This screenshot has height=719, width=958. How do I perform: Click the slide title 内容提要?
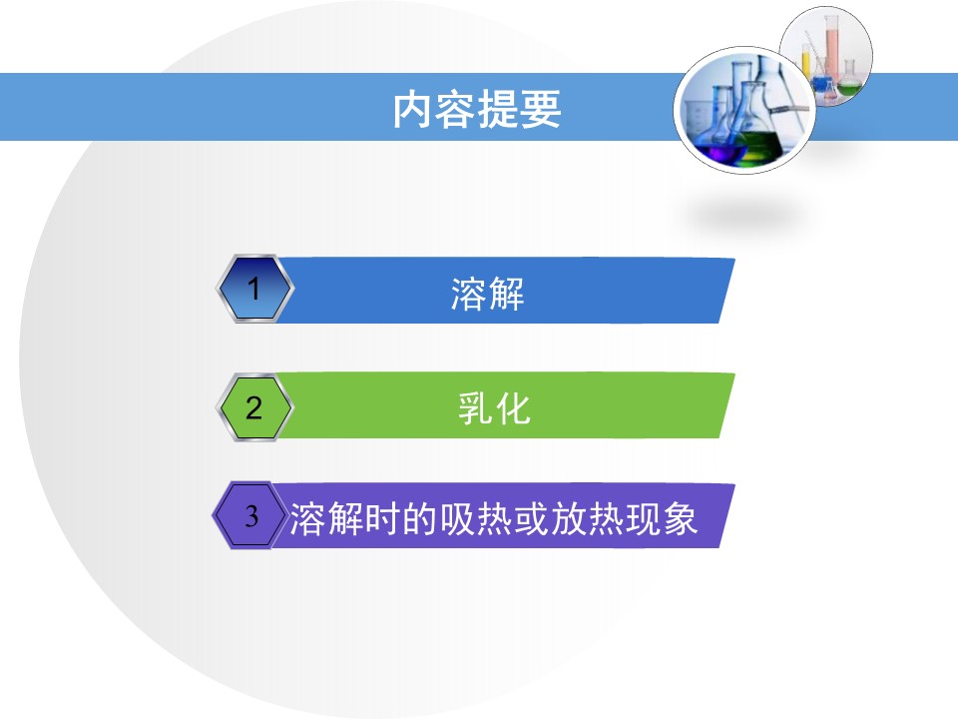[477, 111]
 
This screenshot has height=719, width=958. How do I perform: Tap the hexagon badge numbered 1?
[253, 290]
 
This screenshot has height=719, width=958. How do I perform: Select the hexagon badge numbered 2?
[253, 407]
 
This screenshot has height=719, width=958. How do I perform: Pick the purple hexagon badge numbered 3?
[251, 516]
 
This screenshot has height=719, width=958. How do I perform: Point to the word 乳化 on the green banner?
[494, 408]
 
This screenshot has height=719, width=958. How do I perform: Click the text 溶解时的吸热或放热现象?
[494, 519]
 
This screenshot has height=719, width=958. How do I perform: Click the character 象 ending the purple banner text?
[681, 519]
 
